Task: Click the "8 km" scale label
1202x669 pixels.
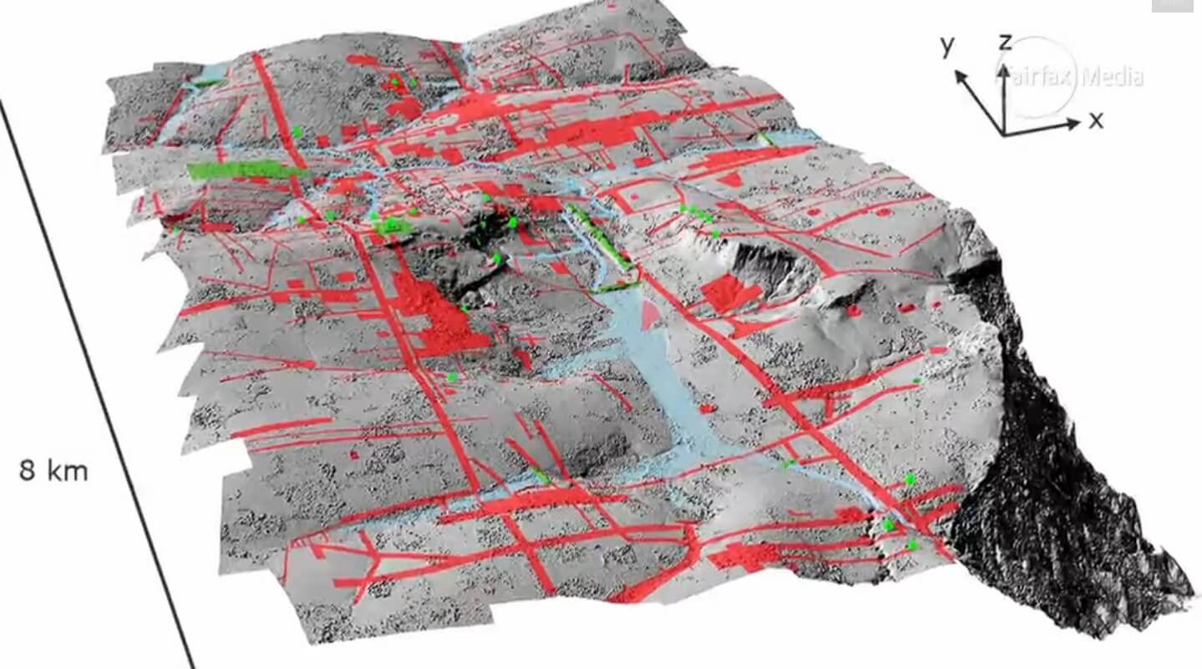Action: (53, 471)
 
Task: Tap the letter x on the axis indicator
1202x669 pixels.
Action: (1096, 120)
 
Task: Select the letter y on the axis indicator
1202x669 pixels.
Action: (947, 46)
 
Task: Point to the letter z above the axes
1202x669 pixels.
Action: (1007, 43)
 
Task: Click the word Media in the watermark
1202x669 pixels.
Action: (1113, 78)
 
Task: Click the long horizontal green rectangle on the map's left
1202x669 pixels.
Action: (246, 170)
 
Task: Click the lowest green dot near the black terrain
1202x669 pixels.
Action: (913, 545)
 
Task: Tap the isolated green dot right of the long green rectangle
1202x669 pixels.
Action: (297, 131)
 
